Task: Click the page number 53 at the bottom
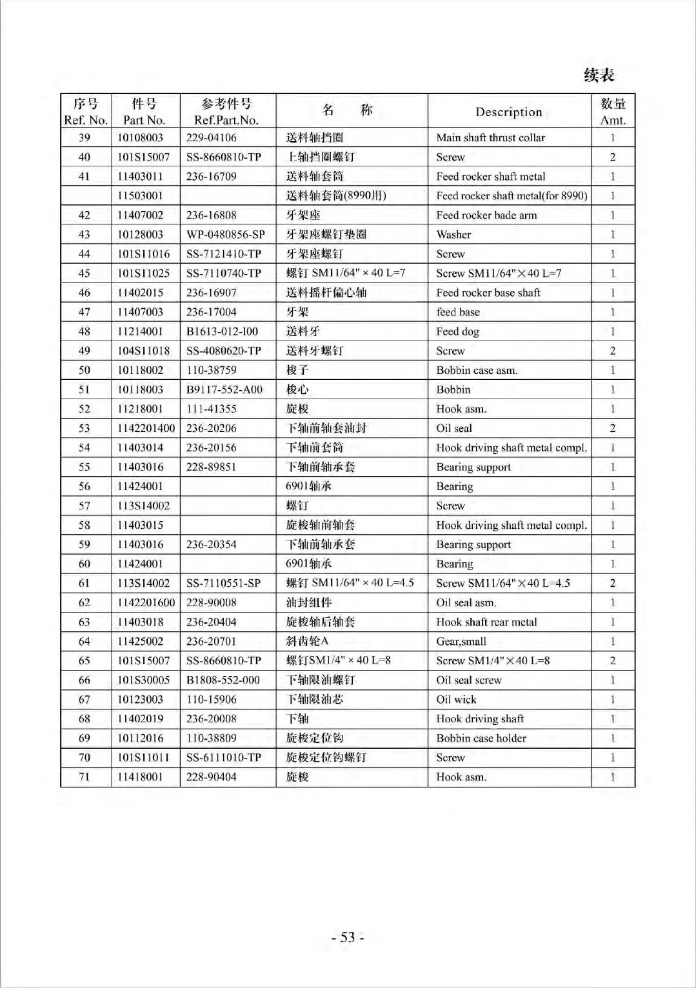tap(348, 937)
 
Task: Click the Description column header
tap(508, 112)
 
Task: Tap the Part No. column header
tap(144, 112)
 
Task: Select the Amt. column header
tap(613, 112)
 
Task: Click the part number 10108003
tap(141, 137)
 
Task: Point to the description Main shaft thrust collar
tap(490, 137)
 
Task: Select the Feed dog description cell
tap(457, 331)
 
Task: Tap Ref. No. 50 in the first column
tap(85, 370)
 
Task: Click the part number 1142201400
tap(146, 428)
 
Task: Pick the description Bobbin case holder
tap(481, 738)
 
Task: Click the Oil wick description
tap(456, 699)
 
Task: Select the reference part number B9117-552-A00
tap(224, 390)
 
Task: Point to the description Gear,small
tap(461, 641)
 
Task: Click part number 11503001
tap(141, 195)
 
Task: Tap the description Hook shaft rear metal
tap(486, 622)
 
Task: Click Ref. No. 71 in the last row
tap(85, 776)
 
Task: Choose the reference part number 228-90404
tap(211, 776)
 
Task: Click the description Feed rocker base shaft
tap(488, 293)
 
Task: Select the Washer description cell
tap(453, 234)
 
